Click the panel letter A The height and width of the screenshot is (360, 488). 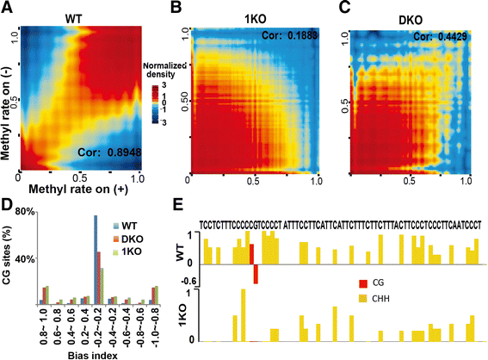(x=6, y=8)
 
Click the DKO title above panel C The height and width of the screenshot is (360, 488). (x=410, y=15)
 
